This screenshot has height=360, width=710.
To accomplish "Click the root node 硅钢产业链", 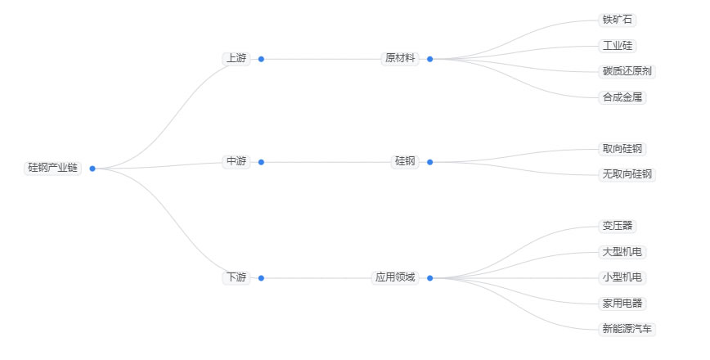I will (x=52, y=168).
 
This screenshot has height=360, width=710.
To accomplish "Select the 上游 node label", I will (x=236, y=59).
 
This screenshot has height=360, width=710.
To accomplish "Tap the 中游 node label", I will (x=236, y=162).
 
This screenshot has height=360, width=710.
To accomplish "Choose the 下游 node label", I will (x=236, y=278).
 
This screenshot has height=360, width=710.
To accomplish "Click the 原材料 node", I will (x=400, y=59).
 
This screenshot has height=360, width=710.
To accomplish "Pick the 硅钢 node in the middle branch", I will (x=405, y=162).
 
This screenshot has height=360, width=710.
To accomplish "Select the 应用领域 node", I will (x=395, y=278).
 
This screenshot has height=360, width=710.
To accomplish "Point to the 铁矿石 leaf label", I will (x=618, y=20).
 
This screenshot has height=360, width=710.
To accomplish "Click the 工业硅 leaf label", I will (x=618, y=46).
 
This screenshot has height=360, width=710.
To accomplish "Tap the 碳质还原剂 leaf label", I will (x=627, y=71).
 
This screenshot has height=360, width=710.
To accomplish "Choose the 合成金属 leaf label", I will (x=622, y=97).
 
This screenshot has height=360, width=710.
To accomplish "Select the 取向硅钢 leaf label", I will (x=622, y=149).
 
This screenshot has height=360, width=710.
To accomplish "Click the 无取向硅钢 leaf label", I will (x=627, y=174).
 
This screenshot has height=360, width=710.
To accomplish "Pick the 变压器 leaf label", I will (x=618, y=226).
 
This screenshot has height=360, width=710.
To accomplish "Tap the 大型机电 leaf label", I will (x=622, y=252).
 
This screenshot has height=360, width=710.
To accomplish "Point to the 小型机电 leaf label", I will (x=622, y=277).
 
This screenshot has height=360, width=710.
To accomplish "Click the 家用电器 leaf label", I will (x=622, y=304).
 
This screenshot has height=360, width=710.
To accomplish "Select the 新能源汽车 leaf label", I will (x=627, y=329).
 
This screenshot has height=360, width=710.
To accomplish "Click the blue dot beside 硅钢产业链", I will (x=92, y=169).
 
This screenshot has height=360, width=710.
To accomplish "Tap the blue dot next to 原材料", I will (x=429, y=59).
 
